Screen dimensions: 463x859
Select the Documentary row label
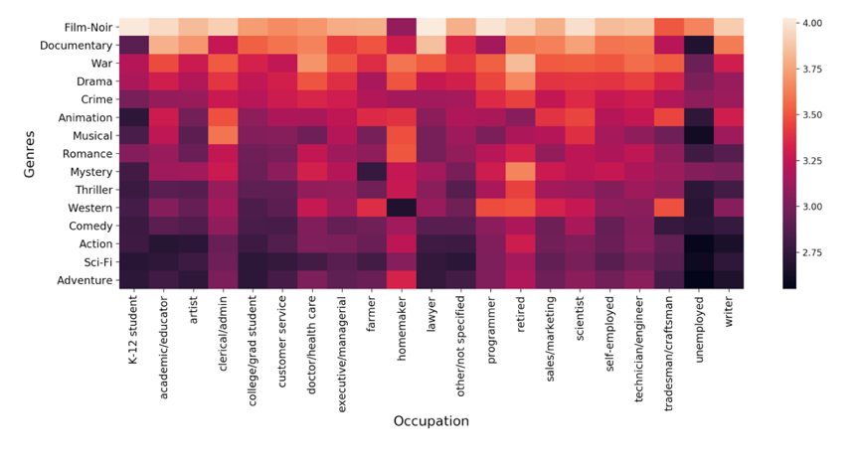pyautogui.click(x=73, y=45)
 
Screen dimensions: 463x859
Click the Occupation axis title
pyautogui.click(x=430, y=421)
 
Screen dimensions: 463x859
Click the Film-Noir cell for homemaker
pyautogui.click(x=401, y=27)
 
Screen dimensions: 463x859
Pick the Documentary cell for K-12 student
pyautogui.click(x=134, y=45)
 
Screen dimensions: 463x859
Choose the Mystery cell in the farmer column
pyautogui.click(x=371, y=171)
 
